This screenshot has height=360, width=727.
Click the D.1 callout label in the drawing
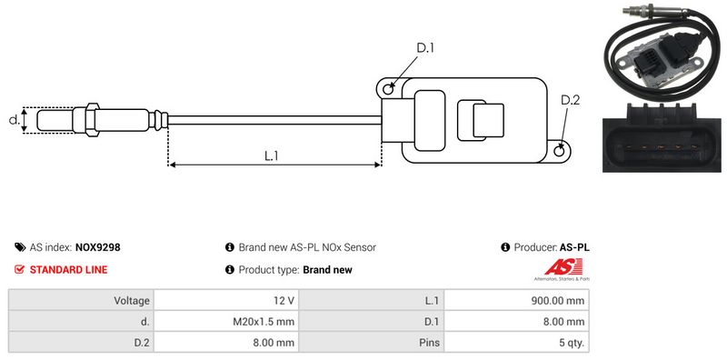click(425, 47)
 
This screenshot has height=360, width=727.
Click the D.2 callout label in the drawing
click(571, 100)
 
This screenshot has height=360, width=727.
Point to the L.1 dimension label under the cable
click(271, 155)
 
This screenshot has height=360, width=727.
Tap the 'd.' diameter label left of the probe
click(14, 120)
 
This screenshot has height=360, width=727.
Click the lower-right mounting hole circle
click(560, 150)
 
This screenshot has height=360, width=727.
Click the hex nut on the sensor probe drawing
click(92, 120)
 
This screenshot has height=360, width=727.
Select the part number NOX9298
click(98, 247)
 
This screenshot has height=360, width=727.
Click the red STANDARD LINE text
click(68, 269)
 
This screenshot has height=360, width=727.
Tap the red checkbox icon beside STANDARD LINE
click(19, 269)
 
